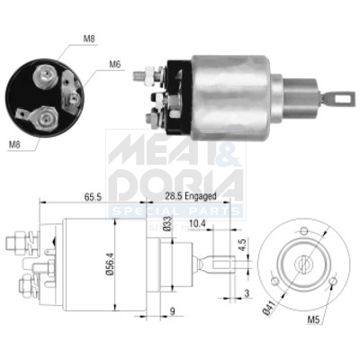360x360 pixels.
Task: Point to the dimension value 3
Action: point(247,294)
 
